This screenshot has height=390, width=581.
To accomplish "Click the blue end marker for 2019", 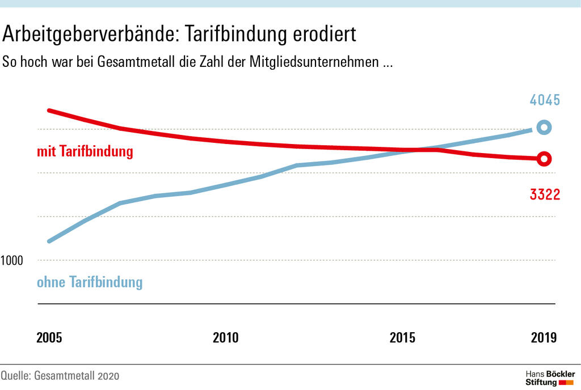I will pyautogui.click(x=544, y=128).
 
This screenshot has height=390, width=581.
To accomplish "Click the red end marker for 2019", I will pyautogui.click(x=544, y=159).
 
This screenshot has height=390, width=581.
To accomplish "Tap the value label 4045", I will pyautogui.click(x=545, y=101).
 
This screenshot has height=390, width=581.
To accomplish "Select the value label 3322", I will pyautogui.click(x=545, y=195).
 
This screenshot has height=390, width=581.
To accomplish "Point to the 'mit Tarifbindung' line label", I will pyautogui.click(x=85, y=152).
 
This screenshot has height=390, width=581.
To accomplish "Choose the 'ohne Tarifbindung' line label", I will pyautogui.click(x=90, y=282).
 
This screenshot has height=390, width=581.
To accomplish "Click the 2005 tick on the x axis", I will pyautogui.click(x=49, y=338).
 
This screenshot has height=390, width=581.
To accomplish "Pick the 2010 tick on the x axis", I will pyautogui.click(x=226, y=338).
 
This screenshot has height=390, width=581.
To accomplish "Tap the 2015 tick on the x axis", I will pyautogui.click(x=402, y=338).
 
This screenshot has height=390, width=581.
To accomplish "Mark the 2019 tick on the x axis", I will pyautogui.click(x=544, y=338).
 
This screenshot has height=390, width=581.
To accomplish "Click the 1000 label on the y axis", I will pyautogui.click(x=11, y=261).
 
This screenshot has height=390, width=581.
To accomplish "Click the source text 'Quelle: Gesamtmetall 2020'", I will pyautogui.click(x=60, y=376).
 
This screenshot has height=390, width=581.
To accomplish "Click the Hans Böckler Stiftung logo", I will pyautogui.click(x=549, y=378).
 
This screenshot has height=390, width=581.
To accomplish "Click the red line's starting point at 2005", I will pyautogui.click(x=49, y=111).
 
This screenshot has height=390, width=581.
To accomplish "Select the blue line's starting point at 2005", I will pyautogui.click(x=49, y=241).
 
